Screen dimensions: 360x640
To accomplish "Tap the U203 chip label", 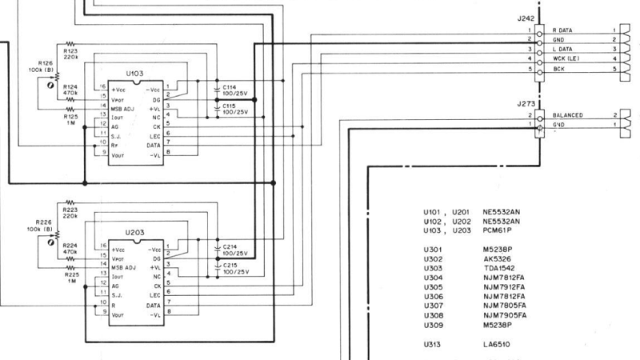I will pyautogui.click(x=134, y=233).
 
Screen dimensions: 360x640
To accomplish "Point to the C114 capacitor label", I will pyautogui.click(x=230, y=86).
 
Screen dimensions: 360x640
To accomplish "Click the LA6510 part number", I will pyautogui.click(x=498, y=344).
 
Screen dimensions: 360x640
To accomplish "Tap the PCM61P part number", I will pyautogui.click(x=498, y=230).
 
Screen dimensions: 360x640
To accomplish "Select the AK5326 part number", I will pyautogui.click(x=496, y=258).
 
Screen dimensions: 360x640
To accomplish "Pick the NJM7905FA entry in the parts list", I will pyautogui.click(x=504, y=315).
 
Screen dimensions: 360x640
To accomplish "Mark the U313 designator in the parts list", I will pyautogui.click(x=433, y=344).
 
